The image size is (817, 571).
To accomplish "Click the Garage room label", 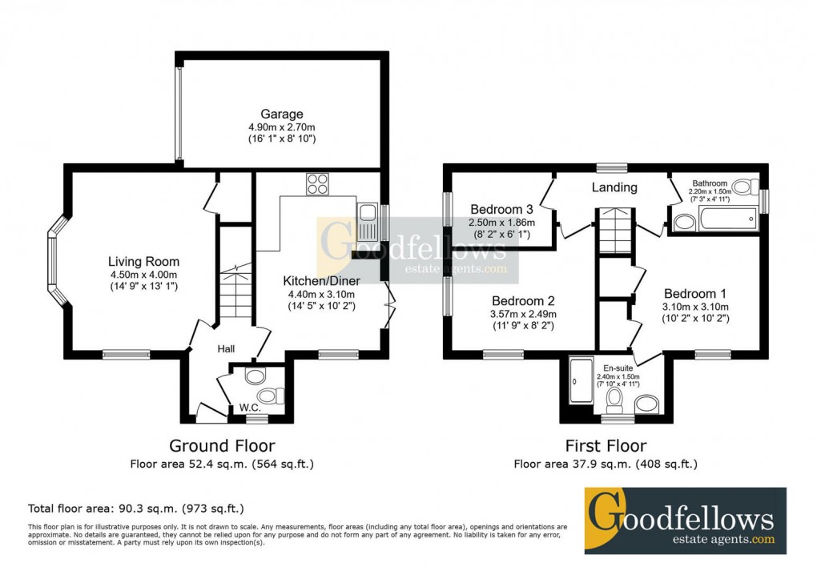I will [281, 115].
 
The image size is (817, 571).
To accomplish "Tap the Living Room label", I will [144, 262].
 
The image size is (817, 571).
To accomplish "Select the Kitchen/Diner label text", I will [321, 280].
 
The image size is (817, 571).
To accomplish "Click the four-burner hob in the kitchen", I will [317, 184].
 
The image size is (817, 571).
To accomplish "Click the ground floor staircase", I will [235, 292].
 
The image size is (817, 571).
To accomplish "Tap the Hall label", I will [225, 349].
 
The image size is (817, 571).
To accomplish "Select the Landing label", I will [614, 187].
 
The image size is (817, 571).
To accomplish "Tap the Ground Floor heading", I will [222, 446].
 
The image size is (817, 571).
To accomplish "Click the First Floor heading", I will [606, 446].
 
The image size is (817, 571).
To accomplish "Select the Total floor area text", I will [135, 508].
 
